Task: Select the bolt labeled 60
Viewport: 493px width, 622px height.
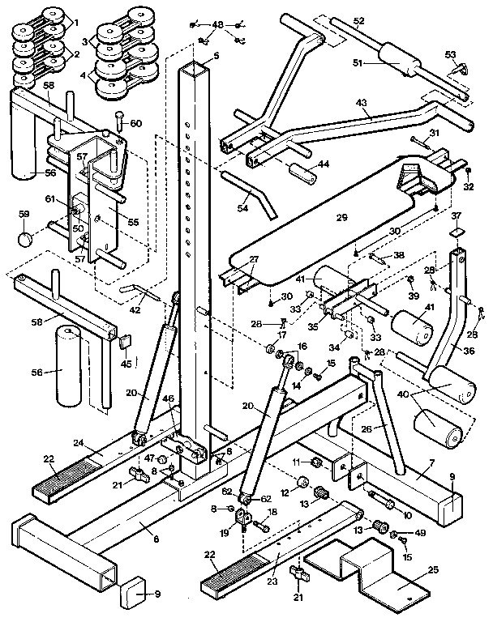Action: point(120,121)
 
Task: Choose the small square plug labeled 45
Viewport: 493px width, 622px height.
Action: point(126,343)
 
